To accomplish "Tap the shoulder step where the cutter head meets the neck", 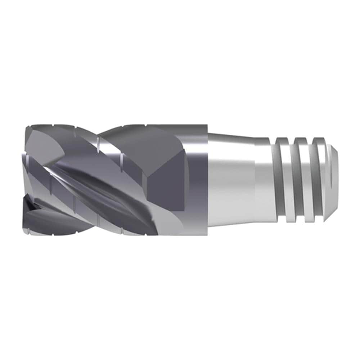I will point(208,180).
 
